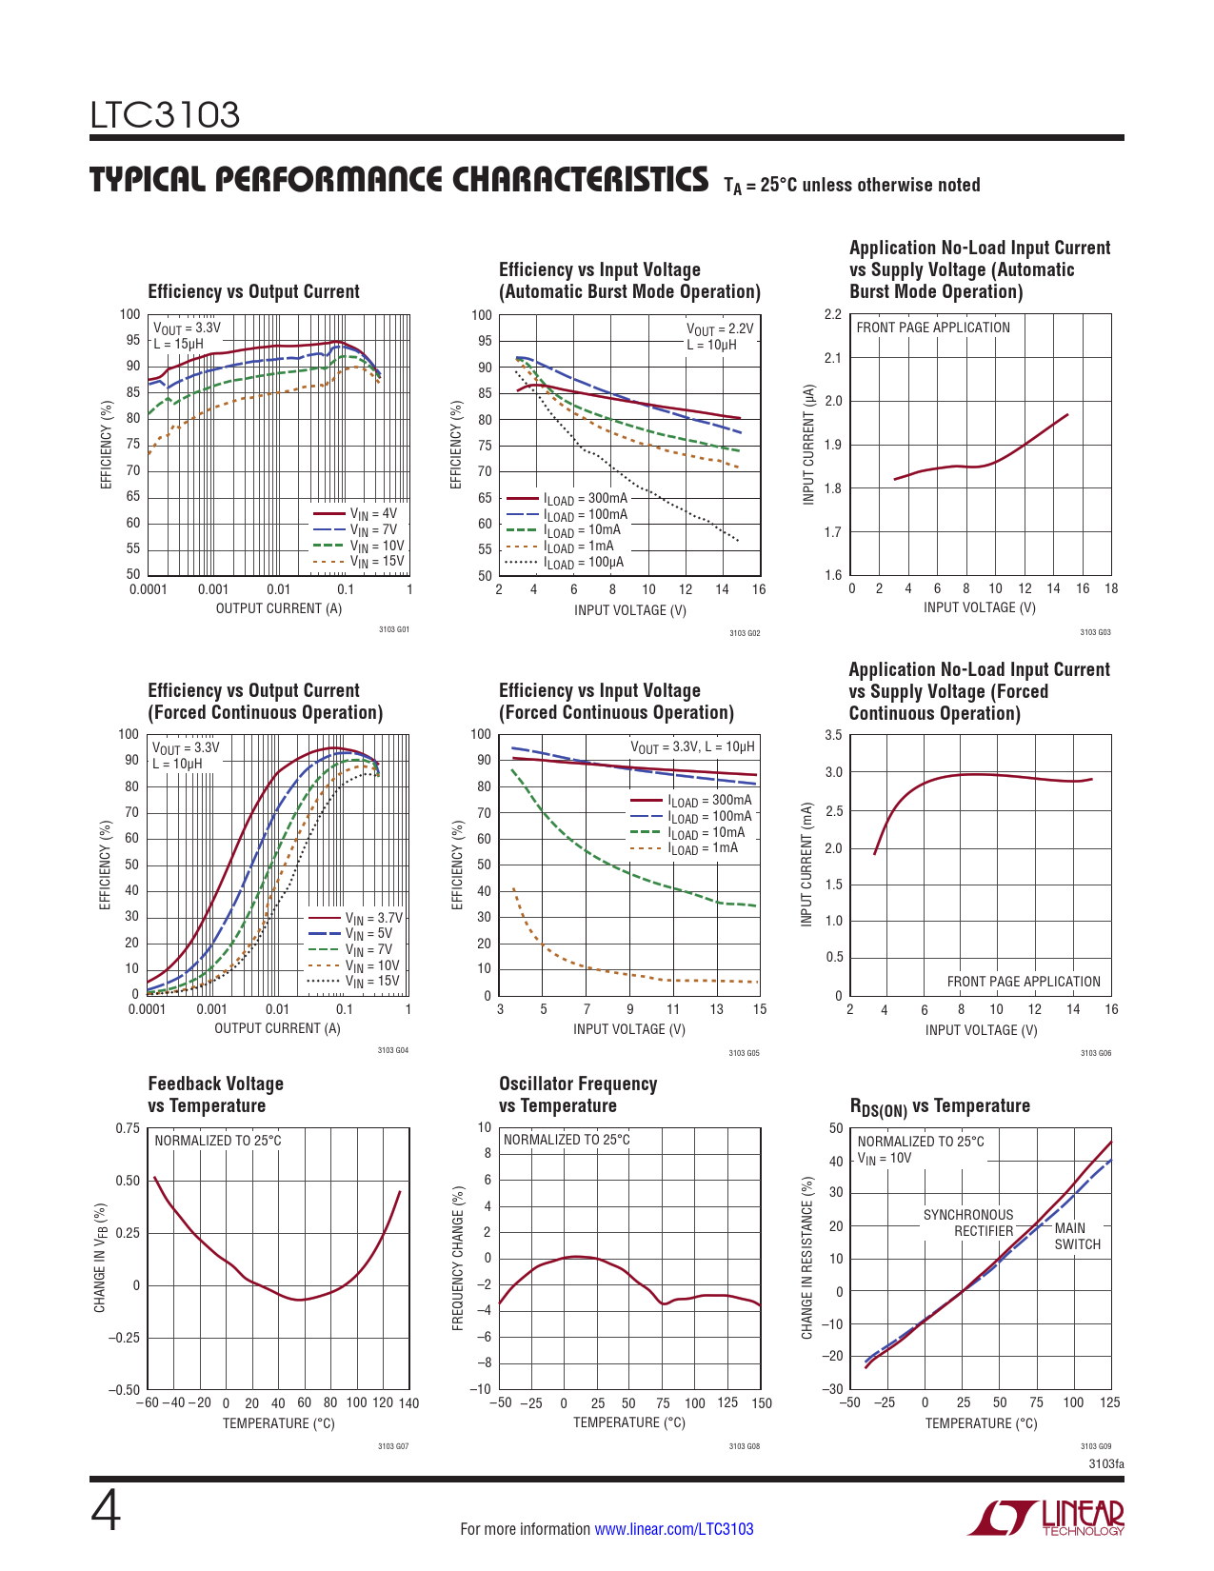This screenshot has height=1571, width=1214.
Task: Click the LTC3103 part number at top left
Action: pos(165,115)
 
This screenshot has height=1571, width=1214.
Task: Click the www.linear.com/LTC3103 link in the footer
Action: pos(673,1529)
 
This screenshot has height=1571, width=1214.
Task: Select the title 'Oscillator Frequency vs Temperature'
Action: pos(578,1095)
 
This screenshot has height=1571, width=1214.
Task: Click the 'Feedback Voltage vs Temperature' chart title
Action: pos(216,1095)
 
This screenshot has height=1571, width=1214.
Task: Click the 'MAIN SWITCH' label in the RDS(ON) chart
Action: pos(1077,1236)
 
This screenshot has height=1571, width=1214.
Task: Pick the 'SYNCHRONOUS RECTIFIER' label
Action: pos(968,1223)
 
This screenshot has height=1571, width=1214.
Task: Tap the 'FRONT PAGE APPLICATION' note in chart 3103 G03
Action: pos(933,328)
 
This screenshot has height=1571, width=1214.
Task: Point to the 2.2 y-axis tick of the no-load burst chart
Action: pos(832,314)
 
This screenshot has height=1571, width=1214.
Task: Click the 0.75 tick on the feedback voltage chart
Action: pos(128,1128)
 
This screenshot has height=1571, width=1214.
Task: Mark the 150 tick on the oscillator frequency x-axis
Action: pos(761,1403)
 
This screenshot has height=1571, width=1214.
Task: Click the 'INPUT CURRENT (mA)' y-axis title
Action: pos(807,865)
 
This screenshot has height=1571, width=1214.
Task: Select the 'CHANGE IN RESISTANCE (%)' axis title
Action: pos(807,1258)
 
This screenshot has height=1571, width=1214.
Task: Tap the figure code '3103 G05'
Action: pos(744,1053)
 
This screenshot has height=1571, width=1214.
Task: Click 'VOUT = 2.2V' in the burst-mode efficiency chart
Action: pos(719,329)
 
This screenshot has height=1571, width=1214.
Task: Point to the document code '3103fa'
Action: pos(1106,1463)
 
